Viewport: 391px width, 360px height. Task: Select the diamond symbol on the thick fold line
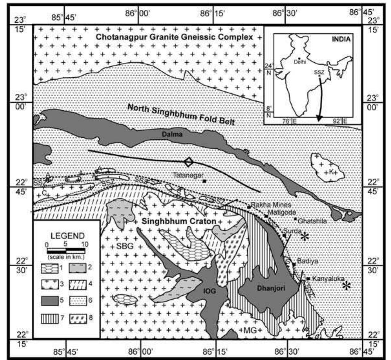pyautogui.click(x=189, y=162)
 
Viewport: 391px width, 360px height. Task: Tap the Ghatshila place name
pyautogui.click(x=312, y=221)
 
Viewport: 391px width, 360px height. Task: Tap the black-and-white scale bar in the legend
pyautogui.click(x=66, y=251)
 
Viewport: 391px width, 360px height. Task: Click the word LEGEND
pyautogui.click(x=67, y=236)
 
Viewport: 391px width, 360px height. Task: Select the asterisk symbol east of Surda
pyautogui.click(x=304, y=237)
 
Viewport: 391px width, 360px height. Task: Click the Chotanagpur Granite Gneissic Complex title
pyautogui.click(x=174, y=37)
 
